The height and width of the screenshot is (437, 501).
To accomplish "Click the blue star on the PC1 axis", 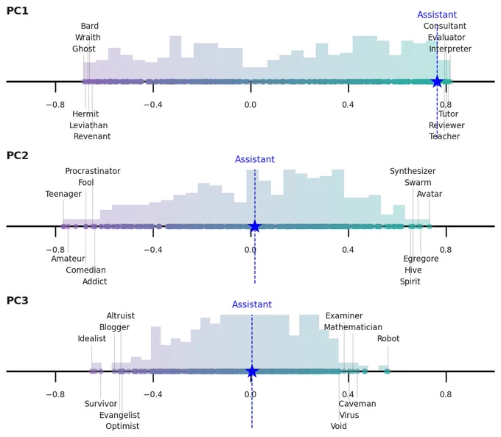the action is coord(437,82).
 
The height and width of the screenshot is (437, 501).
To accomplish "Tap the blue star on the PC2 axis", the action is coord(255,226).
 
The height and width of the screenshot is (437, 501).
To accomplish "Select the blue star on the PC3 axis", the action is coord(252,371).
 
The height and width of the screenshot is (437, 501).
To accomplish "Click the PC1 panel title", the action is coord(17,11).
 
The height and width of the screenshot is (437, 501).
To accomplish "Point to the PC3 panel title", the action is coord(17,301).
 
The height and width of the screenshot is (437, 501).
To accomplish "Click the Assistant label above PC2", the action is coord(255,159).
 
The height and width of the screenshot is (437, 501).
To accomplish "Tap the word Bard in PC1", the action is coord(89,26).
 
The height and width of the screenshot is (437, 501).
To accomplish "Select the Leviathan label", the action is coord(88,125).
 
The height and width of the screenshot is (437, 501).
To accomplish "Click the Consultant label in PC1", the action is coord(445,26).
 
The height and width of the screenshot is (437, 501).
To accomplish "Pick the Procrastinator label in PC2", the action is coord(93,171).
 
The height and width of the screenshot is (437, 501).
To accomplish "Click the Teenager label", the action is coord(63,194).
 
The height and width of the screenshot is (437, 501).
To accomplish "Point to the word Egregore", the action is coord(421,259).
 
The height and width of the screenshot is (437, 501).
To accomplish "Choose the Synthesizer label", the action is coord(413,171).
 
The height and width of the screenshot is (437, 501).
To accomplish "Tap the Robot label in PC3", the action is coord(388,338).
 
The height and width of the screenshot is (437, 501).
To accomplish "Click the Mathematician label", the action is coord(353,327).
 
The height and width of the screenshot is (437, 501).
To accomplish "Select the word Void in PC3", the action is coord(339,426).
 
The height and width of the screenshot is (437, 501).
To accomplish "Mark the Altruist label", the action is coord(120,316).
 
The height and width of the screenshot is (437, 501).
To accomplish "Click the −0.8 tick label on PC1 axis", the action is coord(55,105).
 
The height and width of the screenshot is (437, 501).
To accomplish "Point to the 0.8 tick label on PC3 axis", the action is coord(446,394).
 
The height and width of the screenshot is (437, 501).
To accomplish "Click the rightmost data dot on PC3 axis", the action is coord(388,371).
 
